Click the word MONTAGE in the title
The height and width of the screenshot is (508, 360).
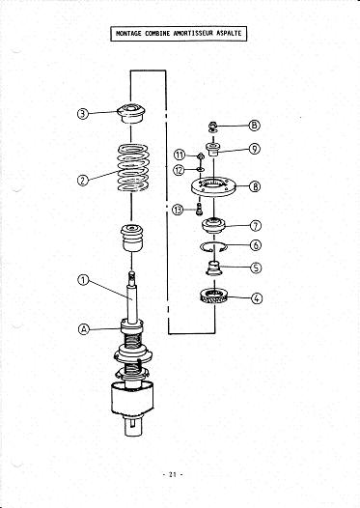click(x=128, y=34)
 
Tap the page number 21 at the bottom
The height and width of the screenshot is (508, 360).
click(x=172, y=474)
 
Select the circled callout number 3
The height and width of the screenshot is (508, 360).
click(x=83, y=114)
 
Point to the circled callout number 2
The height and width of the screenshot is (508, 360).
click(x=83, y=181)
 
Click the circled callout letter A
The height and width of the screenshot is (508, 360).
click(x=84, y=329)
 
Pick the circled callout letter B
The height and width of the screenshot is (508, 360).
click(x=255, y=125)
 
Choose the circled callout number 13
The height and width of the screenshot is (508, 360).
click(x=178, y=210)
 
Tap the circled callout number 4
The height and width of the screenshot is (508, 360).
click(x=257, y=298)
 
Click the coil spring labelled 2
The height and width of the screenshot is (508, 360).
click(x=133, y=167)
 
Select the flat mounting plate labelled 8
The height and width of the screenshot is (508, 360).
click(x=213, y=187)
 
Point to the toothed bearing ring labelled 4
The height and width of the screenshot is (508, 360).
click(x=213, y=296)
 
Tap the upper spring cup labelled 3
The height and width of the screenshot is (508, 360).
click(x=131, y=113)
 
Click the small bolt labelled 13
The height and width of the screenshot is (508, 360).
click(x=199, y=208)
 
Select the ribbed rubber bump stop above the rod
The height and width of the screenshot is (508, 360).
click(x=132, y=238)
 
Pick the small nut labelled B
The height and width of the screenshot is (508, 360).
click(x=213, y=127)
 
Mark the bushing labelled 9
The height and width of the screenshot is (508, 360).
click(x=213, y=150)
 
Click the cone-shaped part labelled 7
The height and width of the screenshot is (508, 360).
click(x=213, y=226)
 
